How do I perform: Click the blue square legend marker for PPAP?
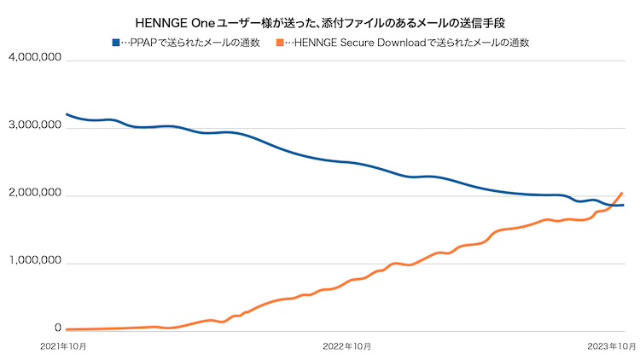(116, 42)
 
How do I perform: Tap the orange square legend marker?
(280, 42)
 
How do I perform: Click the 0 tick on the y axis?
(58, 328)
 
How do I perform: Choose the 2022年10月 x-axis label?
(347, 346)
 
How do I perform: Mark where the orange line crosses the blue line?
(612, 205)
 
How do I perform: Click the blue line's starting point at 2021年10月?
(67, 113)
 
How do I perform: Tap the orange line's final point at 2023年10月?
(623, 193)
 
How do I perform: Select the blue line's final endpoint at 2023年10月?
(623, 205)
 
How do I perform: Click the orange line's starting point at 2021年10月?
(67, 329)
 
